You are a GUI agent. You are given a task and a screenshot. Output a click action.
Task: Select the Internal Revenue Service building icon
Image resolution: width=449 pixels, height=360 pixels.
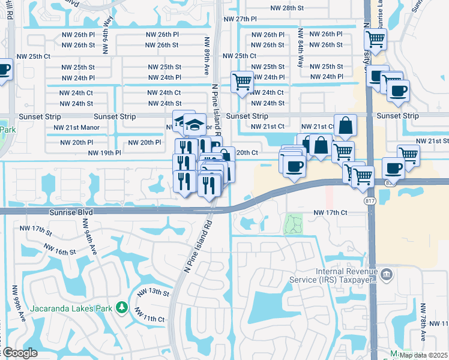[x=387, y=275]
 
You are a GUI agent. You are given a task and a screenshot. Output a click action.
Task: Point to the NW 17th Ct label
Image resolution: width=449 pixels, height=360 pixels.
[x=331, y=212]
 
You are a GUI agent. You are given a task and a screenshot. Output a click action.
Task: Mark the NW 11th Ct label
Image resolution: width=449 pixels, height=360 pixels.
[x=149, y=316]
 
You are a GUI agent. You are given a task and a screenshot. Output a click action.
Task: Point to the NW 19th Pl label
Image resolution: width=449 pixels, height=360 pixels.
[x=104, y=153]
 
